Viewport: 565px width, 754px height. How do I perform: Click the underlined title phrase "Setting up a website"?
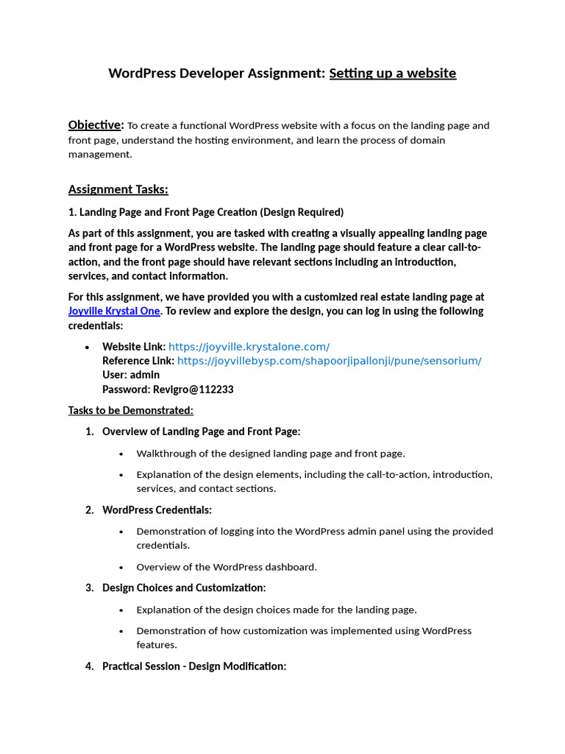pos(392,73)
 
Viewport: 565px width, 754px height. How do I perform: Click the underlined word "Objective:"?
pos(96,124)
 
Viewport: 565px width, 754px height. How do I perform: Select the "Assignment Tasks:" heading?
pos(118,189)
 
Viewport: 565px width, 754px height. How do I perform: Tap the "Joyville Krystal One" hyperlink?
pos(113,311)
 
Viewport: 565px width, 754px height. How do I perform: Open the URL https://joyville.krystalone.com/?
pos(249,346)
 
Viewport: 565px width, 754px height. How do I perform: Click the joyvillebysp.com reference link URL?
pos(329,361)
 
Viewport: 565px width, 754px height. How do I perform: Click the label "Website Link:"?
pos(134,346)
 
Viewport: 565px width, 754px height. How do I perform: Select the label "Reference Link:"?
pos(138,361)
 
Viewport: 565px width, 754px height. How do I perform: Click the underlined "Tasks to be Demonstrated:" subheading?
pos(130,410)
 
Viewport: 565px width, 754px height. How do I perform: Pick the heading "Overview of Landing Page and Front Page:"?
pos(201,431)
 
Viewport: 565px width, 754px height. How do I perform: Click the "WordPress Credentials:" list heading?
pos(157,510)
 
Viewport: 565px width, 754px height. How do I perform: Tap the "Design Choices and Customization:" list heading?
pos(184,588)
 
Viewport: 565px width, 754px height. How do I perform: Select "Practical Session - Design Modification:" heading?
pos(193,666)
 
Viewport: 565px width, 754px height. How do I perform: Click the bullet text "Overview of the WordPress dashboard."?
pos(226,567)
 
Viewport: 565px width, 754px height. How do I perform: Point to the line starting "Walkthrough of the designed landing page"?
pos(270,454)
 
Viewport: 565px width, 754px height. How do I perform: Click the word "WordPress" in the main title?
pos(142,73)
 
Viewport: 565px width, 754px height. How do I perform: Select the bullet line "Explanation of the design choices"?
pos(276,610)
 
